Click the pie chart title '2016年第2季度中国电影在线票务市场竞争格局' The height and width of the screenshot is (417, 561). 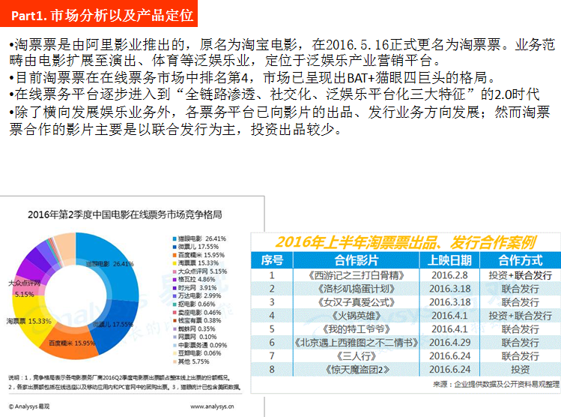click(124, 214)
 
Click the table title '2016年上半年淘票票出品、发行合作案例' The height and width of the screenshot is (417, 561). click(404, 241)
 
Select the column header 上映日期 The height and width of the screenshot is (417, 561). click(449, 260)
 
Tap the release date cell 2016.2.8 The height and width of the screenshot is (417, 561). click(449, 274)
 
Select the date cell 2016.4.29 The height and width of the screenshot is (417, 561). click(449, 342)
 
